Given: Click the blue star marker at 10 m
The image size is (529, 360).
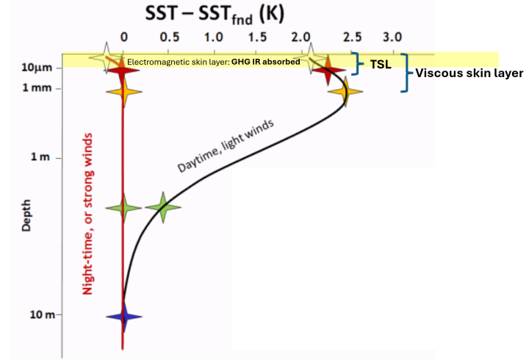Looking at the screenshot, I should pyautogui.click(x=123, y=317).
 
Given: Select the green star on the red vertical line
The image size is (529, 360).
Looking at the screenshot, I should pyautogui.click(x=123, y=208).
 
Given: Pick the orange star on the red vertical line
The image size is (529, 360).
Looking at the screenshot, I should pyautogui.click(x=123, y=92).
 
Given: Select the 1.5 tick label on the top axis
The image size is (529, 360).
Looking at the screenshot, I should pyautogui.click(x=257, y=35).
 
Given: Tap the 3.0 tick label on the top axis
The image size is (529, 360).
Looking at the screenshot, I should pyautogui.click(x=393, y=35).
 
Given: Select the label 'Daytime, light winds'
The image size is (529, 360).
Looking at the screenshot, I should pyautogui.click(x=226, y=145).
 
